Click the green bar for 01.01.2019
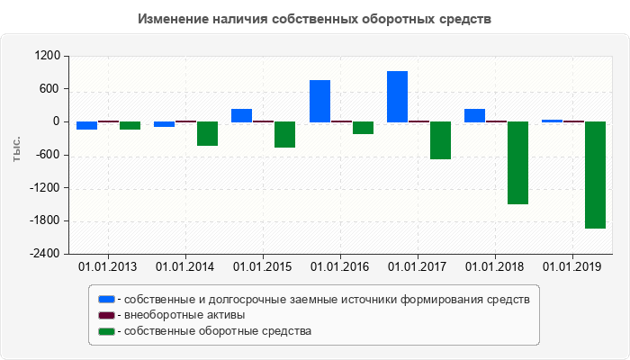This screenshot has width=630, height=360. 595,175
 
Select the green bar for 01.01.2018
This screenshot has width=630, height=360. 517,163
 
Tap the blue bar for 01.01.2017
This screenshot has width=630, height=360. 397,96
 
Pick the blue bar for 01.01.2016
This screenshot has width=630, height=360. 319,101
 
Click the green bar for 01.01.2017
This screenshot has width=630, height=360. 440,140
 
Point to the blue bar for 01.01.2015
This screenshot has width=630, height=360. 241,115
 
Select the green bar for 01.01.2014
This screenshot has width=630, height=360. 207,133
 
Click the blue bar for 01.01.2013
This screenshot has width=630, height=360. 86,125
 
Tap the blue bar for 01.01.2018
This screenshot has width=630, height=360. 474,115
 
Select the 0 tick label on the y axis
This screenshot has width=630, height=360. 56,121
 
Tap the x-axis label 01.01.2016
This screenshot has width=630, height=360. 340,266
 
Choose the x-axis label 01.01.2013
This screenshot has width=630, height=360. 108,266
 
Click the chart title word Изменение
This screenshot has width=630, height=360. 174,19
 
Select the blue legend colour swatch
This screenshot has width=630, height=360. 106,299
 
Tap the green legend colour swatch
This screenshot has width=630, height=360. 106,331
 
